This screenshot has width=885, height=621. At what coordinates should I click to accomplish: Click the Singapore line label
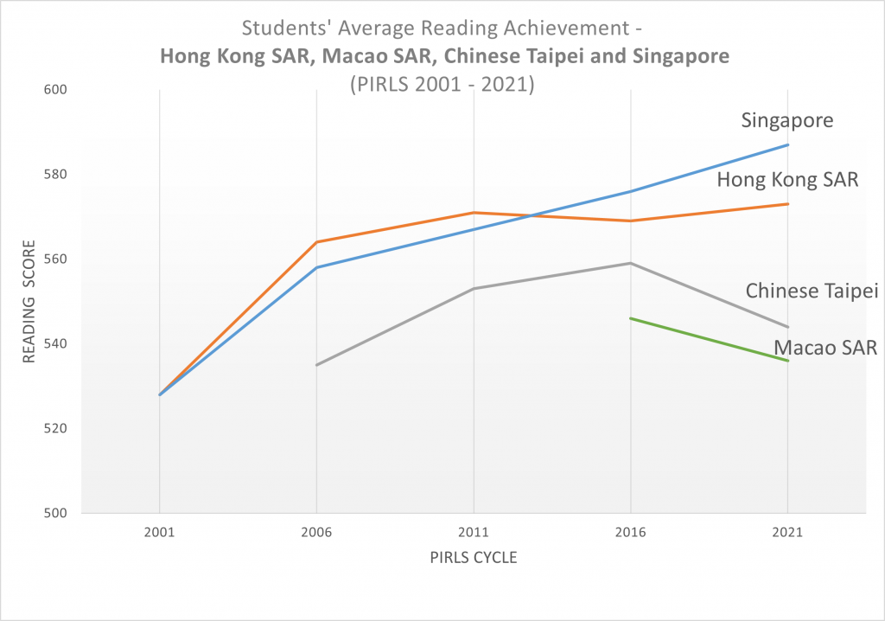pyautogui.click(x=787, y=120)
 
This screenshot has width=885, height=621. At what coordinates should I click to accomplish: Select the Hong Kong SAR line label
pyautogui.click(x=786, y=180)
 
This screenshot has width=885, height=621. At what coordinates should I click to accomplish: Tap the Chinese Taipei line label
pyautogui.click(x=812, y=291)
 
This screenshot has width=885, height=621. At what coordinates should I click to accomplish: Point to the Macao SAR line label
pyautogui.click(x=825, y=348)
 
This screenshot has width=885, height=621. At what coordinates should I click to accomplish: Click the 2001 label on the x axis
pyautogui.click(x=160, y=533)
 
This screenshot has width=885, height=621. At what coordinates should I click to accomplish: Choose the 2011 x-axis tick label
pyautogui.click(x=474, y=533)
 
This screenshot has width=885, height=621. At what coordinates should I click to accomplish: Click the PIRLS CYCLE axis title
pyautogui.click(x=474, y=558)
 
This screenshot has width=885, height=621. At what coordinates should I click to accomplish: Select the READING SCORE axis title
pyautogui.click(x=29, y=302)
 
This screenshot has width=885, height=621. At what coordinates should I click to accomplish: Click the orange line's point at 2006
pyautogui.click(x=317, y=242)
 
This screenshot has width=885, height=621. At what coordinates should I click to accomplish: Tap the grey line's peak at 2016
pyautogui.click(x=631, y=263)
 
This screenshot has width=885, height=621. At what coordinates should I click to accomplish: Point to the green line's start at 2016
pyautogui.click(x=631, y=318)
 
